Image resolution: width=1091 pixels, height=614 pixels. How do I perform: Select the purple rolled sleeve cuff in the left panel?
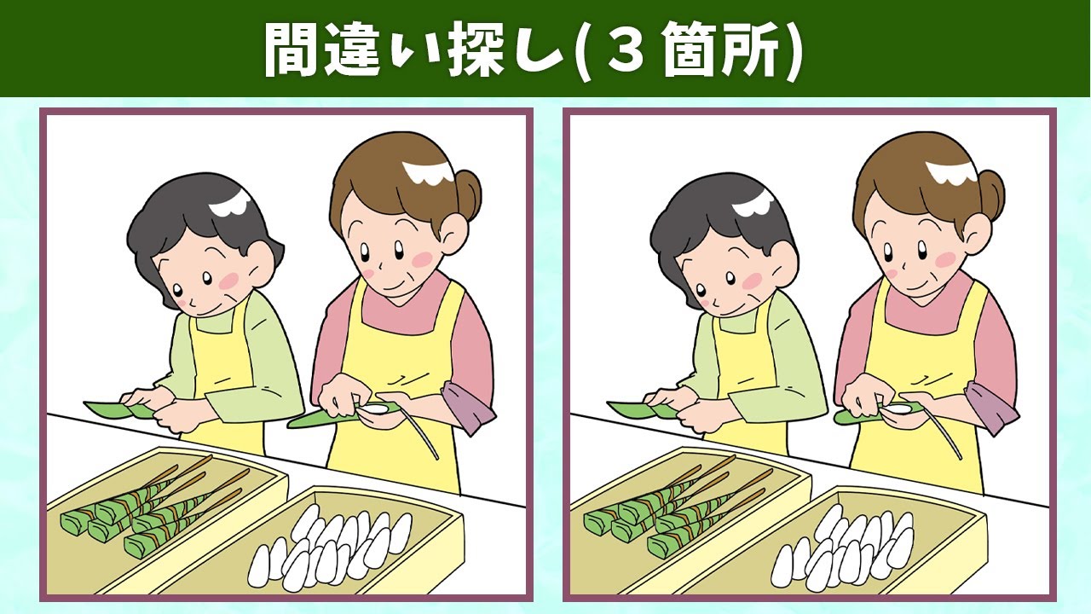click(x=468, y=407)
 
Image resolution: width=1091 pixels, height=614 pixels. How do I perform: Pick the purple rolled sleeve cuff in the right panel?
click(x=991, y=407)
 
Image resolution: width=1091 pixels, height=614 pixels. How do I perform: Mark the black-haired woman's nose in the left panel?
click(x=193, y=303)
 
